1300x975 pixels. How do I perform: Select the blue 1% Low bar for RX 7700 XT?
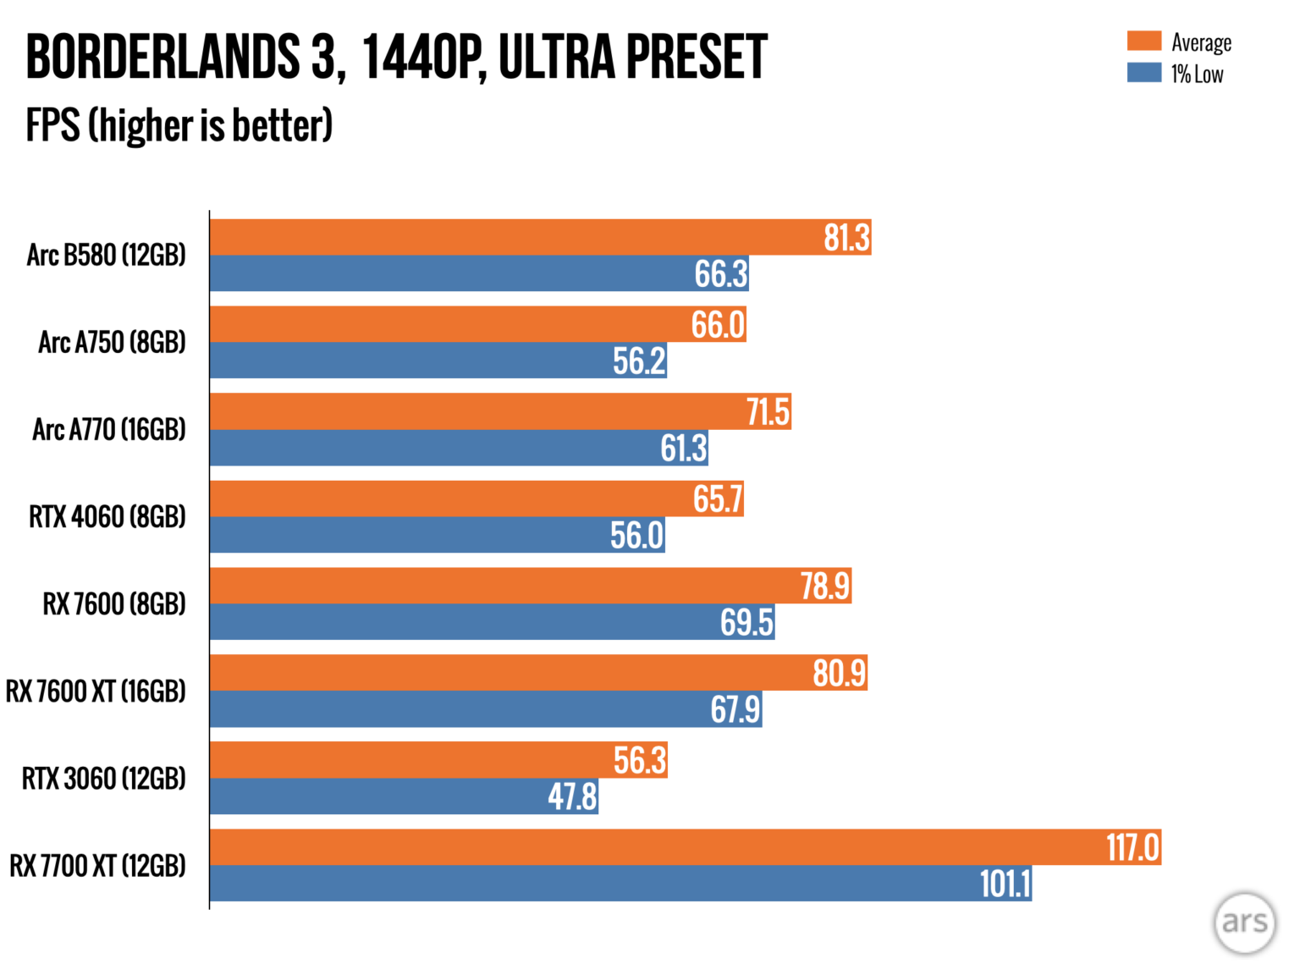(592, 884)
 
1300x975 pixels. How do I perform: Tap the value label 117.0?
(1132, 847)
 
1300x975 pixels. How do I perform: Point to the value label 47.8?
(572, 796)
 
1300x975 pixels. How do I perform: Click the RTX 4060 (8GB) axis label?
(107, 516)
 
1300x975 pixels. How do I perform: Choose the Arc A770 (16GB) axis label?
(109, 429)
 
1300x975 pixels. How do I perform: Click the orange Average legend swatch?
(1143, 41)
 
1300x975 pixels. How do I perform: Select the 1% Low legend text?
(1197, 74)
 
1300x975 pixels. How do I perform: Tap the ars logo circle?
(1244, 923)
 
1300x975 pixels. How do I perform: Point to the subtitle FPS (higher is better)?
(179, 125)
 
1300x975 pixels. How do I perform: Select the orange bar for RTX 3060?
(406, 760)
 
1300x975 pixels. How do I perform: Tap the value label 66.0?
(718, 325)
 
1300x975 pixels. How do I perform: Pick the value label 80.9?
(839, 673)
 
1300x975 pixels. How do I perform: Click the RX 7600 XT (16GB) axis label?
(96, 691)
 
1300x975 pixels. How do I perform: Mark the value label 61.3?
(683, 448)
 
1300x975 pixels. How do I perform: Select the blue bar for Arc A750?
(406, 361)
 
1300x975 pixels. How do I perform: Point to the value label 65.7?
(718, 499)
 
